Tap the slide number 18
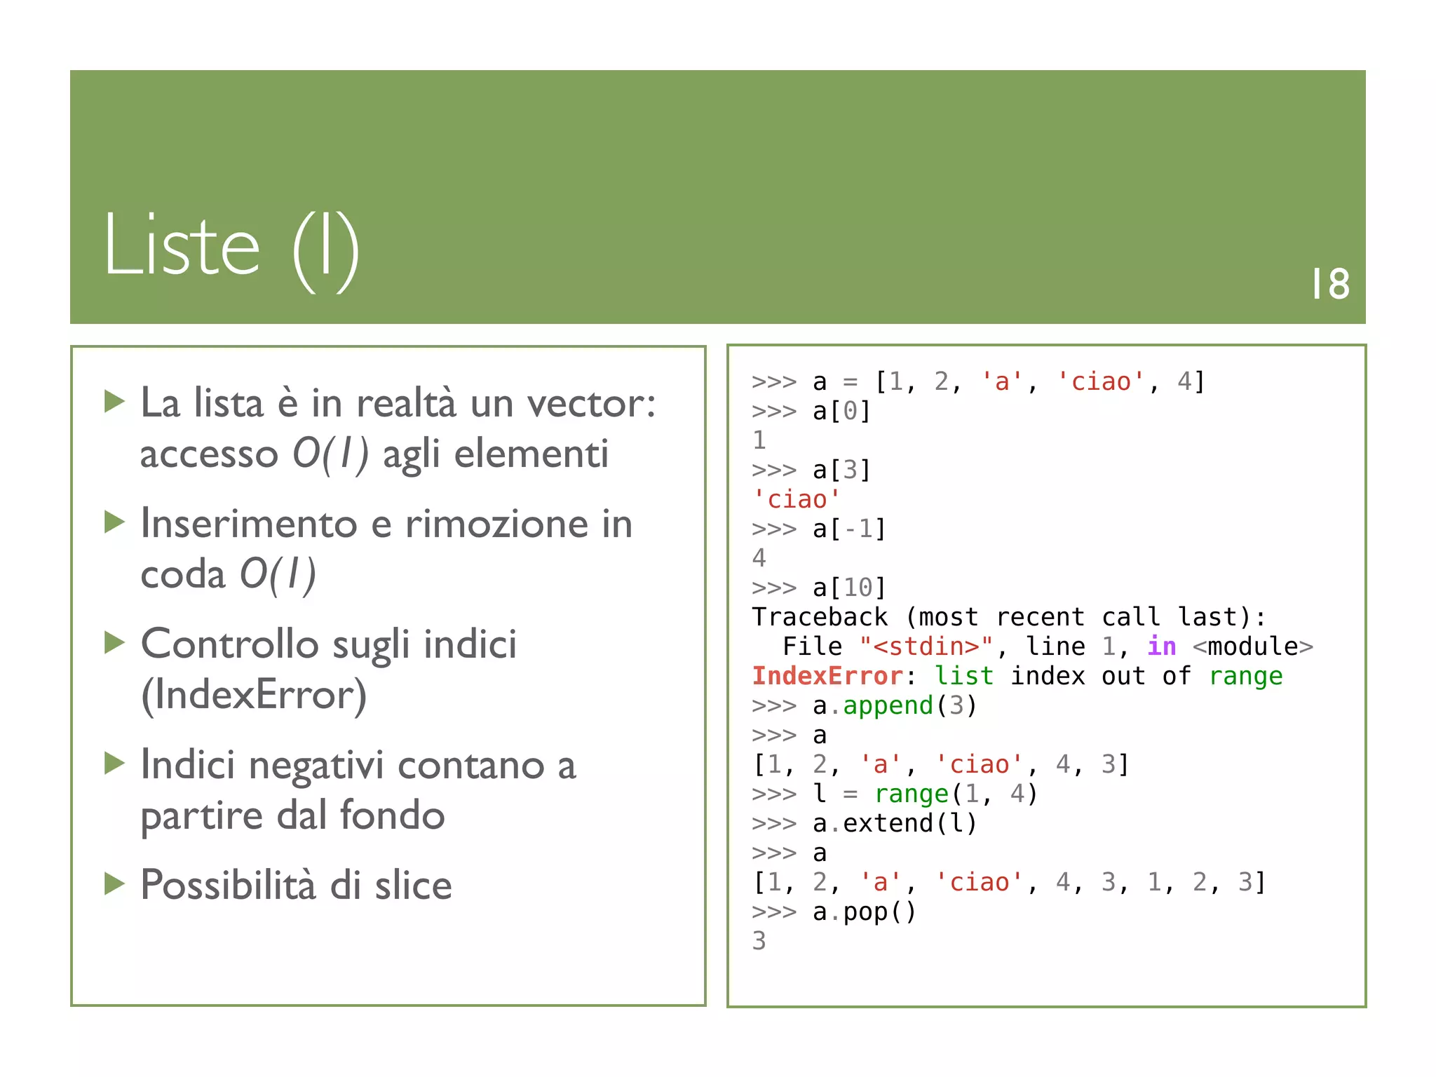click(x=1330, y=284)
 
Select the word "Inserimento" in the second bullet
click(x=249, y=524)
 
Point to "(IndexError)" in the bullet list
click(x=254, y=695)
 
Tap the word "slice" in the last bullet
click(x=413, y=885)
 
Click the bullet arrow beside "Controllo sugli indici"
click(x=114, y=642)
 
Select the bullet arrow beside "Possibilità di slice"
click(x=114, y=883)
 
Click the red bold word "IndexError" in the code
click(x=827, y=676)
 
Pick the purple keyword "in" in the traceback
click(x=1161, y=646)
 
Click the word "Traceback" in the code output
click(x=820, y=617)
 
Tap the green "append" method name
click(x=888, y=705)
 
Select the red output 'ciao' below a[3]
click(x=797, y=499)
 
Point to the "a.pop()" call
click(x=864, y=912)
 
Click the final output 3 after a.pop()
click(x=759, y=941)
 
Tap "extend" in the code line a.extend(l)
click(x=888, y=823)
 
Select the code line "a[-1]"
click(x=849, y=529)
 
